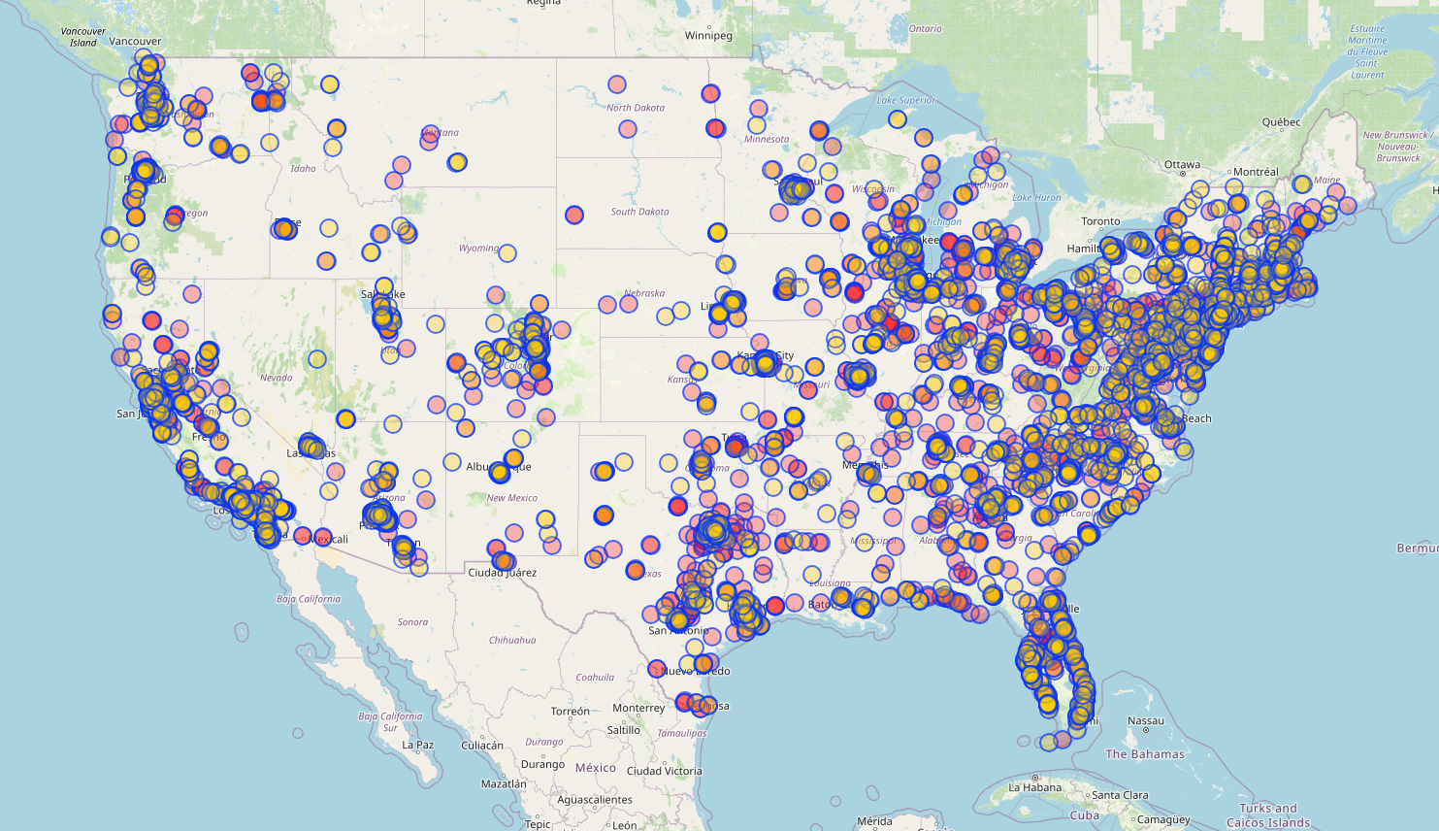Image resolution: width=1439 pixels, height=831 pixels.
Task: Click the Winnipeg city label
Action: (708, 36)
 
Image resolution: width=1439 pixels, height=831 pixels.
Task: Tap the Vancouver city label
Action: (135, 42)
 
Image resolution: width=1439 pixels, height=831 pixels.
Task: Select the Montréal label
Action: (1256, 172)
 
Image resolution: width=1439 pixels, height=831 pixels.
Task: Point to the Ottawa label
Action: (1182, 165)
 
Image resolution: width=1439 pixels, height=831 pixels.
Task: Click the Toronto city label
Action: (1100, 221)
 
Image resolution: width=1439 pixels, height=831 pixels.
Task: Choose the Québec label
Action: (1281, 122)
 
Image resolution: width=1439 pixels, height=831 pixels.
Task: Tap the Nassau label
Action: (1146, 721)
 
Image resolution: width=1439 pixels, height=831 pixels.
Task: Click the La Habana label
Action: (1035, 787)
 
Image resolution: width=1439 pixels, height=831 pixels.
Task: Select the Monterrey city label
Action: (638, 709)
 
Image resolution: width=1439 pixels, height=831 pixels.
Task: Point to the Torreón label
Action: (570, 712)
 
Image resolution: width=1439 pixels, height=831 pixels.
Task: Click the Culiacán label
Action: (482, 746)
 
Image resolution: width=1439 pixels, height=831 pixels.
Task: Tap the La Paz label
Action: (418, 746)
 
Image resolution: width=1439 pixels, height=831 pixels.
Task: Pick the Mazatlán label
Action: (504, 783)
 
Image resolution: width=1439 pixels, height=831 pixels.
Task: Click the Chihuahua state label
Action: (512, 640)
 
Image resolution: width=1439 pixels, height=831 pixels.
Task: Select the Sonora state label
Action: (412, 622)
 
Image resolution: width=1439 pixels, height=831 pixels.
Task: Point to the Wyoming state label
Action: (478, 249)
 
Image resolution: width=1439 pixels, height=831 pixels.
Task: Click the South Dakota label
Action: (639, 212)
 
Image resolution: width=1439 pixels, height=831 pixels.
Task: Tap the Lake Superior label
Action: (906, 100)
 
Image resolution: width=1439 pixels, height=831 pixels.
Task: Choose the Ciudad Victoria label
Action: (664, 771)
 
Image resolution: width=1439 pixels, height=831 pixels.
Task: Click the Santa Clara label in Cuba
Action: (1120, 795)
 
